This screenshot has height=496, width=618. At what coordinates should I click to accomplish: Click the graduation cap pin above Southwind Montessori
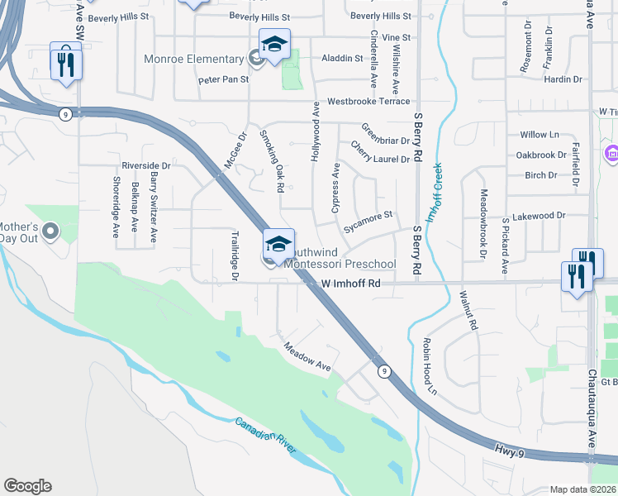click(x=279, y=243)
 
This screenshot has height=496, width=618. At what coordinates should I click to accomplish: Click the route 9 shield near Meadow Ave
click(x=385, y=371)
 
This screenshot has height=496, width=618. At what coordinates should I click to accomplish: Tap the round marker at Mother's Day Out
click(x=50, y=231)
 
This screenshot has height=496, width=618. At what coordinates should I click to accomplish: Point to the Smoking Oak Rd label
click(x=272, y=160)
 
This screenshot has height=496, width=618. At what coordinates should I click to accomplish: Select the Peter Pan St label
click(x=223, y=80)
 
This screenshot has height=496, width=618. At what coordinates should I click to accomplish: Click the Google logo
click(x=27, y=486)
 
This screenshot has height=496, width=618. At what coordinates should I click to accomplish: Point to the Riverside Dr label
click(x=145, y=165)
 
